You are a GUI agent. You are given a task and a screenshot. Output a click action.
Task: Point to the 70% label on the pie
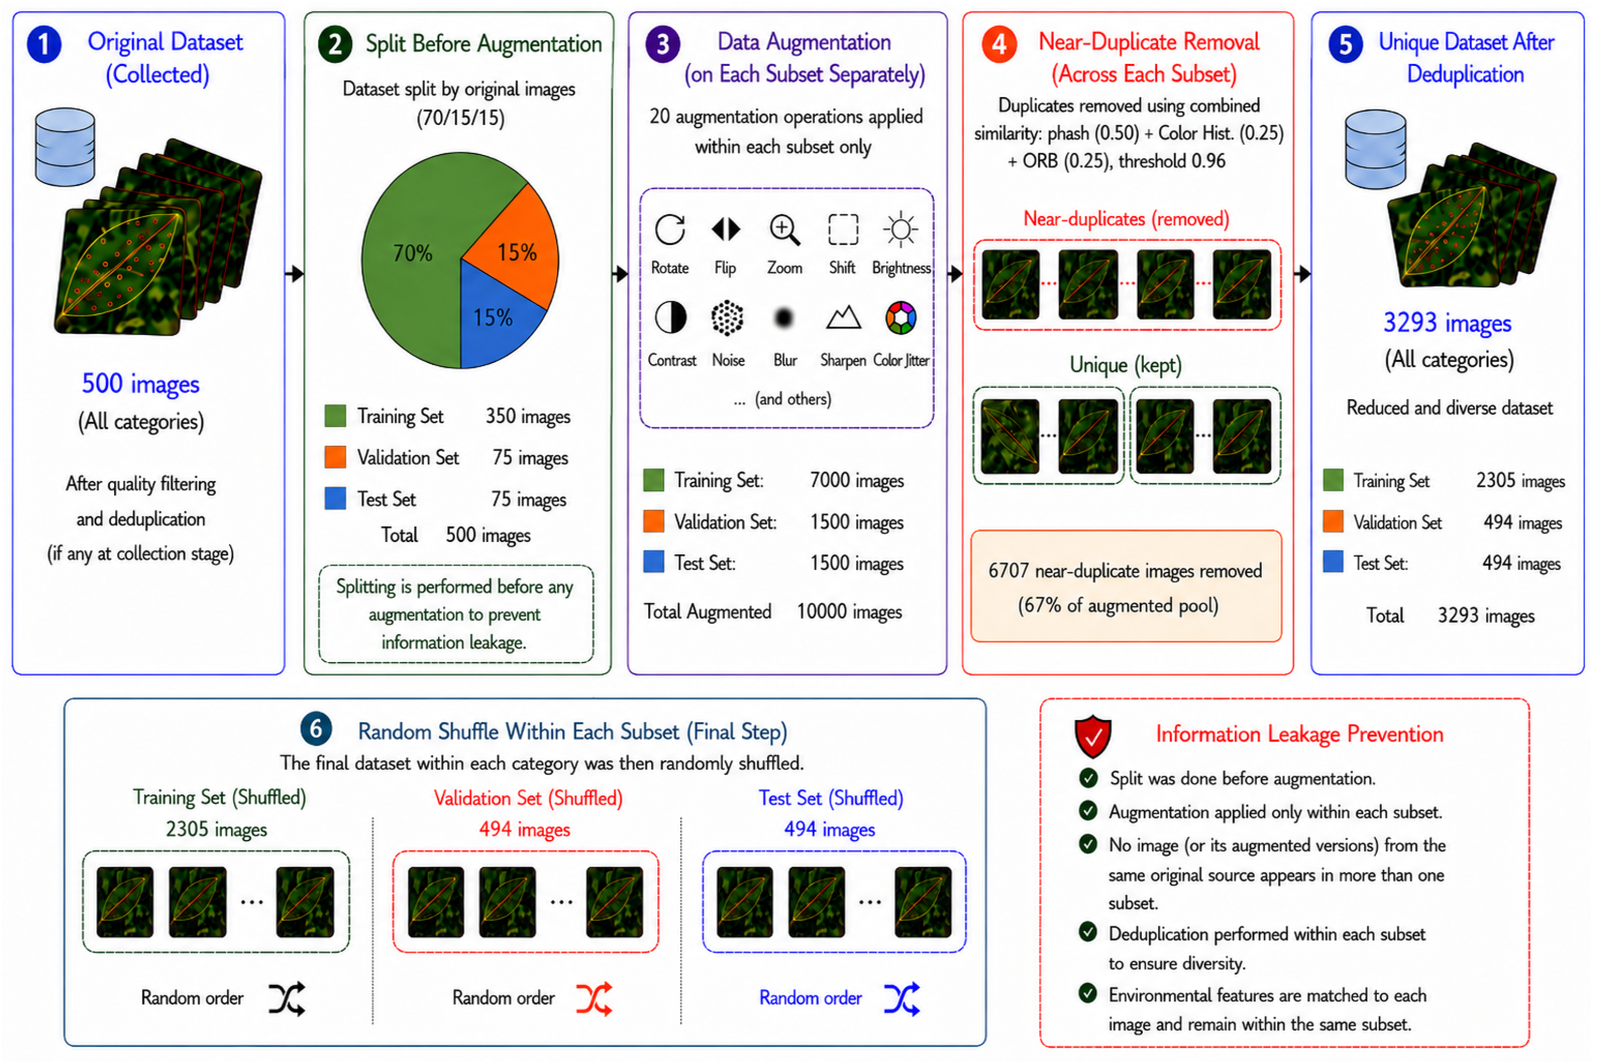(x=413, y=253)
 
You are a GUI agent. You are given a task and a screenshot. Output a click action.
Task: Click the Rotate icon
(x=669, y=229)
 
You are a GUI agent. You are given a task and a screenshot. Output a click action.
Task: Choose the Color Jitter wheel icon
(x=901, y=317)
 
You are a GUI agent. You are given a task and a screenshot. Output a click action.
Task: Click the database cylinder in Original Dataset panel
(x=65, y=146)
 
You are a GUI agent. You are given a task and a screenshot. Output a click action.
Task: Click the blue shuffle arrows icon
(x=901, y=998)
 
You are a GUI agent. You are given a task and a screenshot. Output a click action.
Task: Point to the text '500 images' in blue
(x=141, y=384)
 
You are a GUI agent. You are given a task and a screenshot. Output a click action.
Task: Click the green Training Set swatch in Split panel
(x=335, y=415)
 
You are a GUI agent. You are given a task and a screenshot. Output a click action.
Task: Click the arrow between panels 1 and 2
(x=295, y=274)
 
